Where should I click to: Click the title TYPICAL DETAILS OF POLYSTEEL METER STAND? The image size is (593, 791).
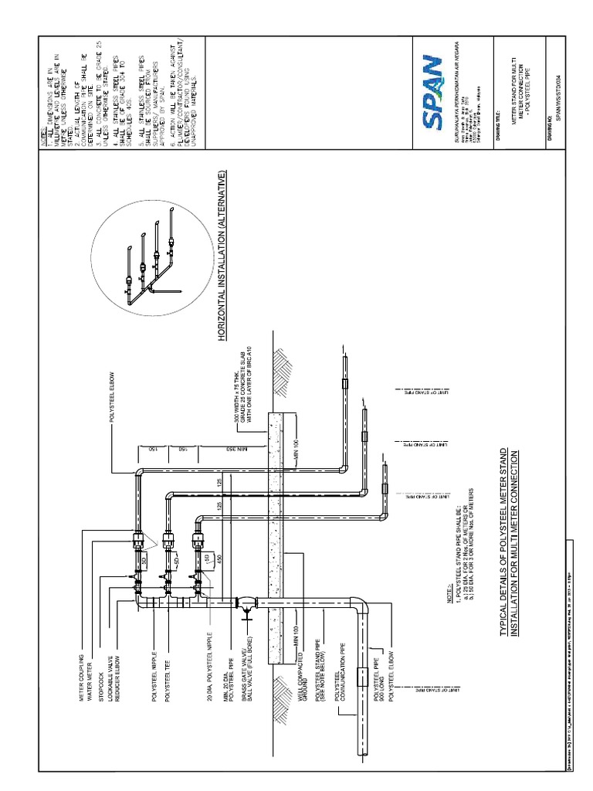[x=503, y=541]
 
